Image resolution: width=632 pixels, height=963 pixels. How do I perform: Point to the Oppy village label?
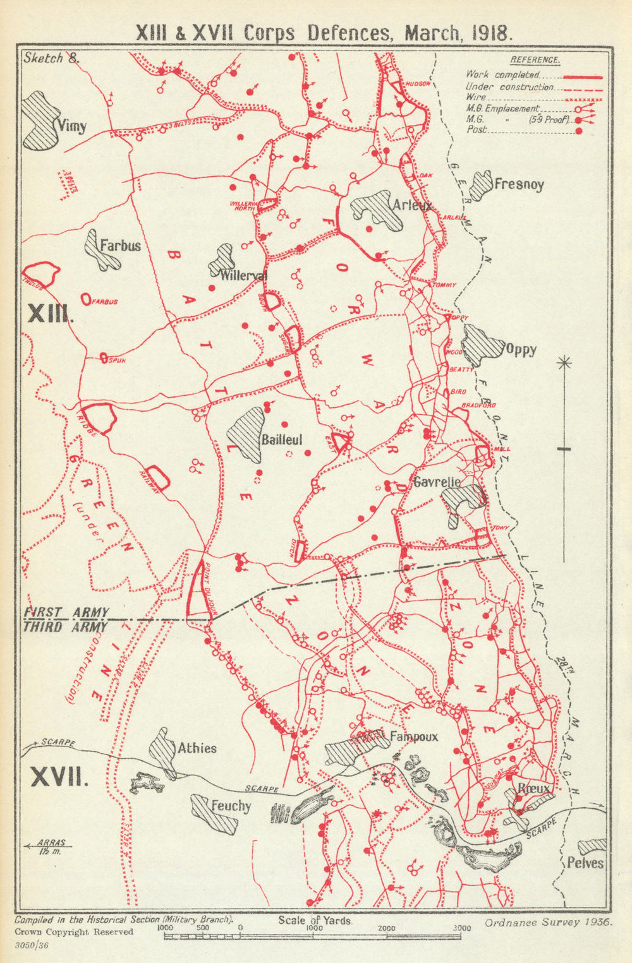521,350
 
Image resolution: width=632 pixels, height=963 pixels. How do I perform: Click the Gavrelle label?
436,482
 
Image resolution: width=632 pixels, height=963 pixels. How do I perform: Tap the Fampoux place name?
413,736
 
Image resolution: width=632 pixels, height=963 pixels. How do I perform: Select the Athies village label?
197,748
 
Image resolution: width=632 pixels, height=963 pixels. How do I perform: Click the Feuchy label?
231,806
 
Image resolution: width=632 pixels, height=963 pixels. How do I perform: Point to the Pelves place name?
585,863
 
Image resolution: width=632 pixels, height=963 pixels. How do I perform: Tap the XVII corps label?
59,777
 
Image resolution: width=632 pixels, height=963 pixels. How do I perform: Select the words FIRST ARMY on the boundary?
66,612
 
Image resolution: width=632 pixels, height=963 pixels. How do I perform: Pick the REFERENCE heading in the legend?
535,60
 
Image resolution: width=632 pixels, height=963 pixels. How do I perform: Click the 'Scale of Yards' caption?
314,921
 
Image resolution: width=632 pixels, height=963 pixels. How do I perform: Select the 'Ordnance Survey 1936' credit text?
549,922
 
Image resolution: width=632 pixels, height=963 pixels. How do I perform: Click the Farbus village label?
119,245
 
